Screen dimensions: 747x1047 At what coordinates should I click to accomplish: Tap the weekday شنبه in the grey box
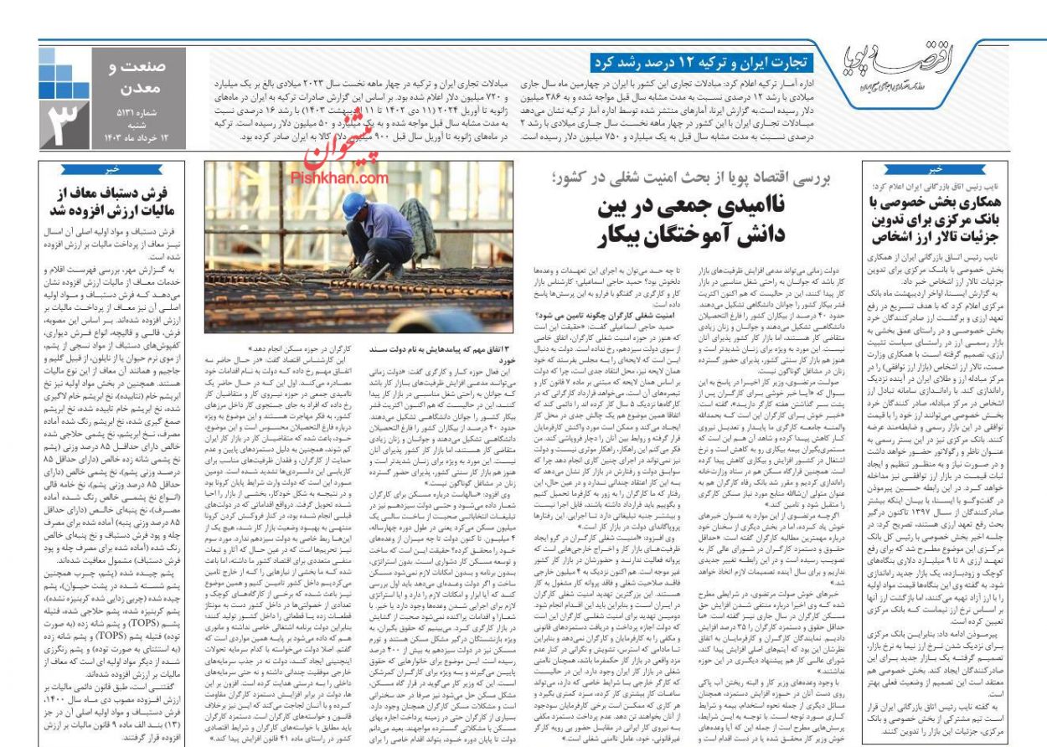(136, 124)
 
